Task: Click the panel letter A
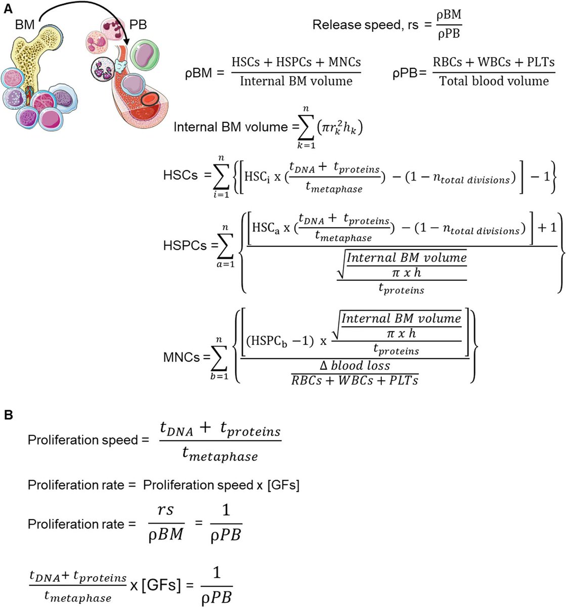[8, 8]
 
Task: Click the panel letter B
[8, 415]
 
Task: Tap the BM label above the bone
[25, 24]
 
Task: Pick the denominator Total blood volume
[493, 81]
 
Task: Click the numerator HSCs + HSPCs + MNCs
[296, 62]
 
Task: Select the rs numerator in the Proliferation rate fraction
[165, 510]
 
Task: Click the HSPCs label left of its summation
[185, 245]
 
